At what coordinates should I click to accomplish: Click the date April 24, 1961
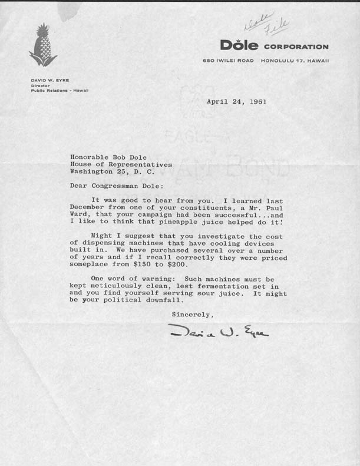point(237,101)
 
